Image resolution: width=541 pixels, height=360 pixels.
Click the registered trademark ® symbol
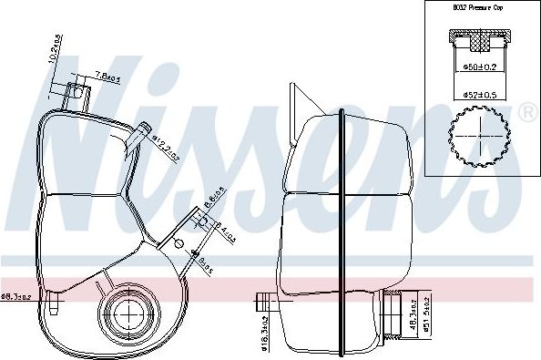(526, 114)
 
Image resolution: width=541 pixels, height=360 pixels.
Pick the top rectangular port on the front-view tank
(77, 93)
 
